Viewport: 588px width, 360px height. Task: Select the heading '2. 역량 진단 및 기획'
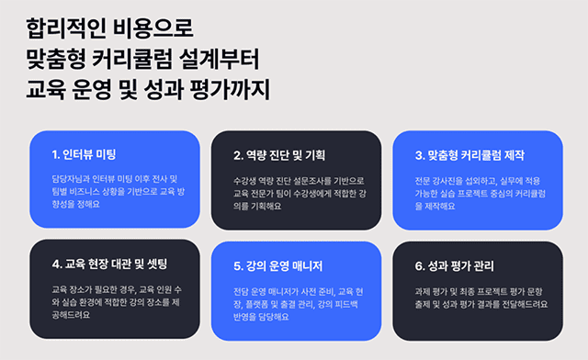[x=279, y=153]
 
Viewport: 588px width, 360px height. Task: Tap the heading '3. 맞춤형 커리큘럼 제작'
[x=470, y=153]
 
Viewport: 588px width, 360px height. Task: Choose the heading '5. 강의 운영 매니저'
[x=279, y=265]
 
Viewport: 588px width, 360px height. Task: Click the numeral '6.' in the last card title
[x=420, y=265]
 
